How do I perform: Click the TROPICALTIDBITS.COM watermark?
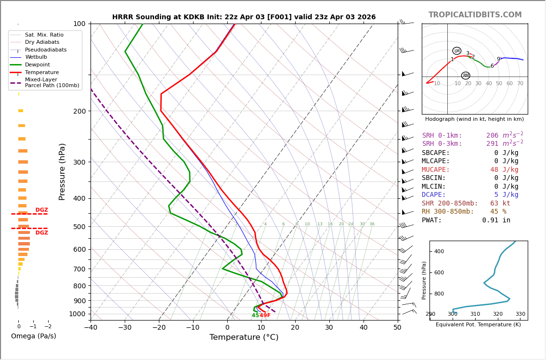475,15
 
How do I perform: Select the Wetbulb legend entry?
38,57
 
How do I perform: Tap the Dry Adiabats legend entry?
42,42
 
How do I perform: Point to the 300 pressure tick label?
79,162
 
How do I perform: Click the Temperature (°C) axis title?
244,337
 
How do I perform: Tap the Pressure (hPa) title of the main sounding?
62,171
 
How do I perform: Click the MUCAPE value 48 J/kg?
504,170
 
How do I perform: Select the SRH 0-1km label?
442,136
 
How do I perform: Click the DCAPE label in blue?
434,195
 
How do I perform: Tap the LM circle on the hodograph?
457,51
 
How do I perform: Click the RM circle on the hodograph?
466,76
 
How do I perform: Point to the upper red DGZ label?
42,210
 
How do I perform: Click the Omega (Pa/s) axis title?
34,336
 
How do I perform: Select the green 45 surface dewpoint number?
255,316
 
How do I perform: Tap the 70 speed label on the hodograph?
520,84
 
